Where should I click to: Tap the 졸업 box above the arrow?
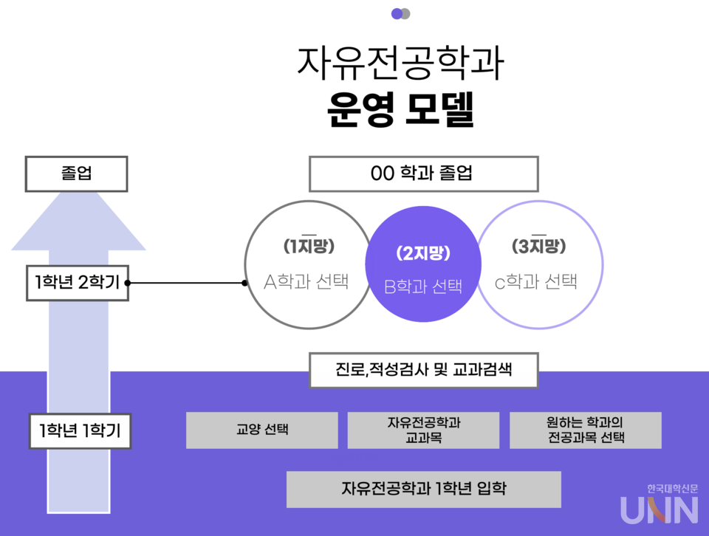click(x=76, y=174)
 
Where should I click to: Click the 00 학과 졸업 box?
click(x=423, y=174)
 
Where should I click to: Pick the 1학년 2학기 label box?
click(x=78, y=282)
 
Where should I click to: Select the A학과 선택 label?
click(x=306, y=282)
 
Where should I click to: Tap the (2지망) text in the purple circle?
click(x=423, y=253)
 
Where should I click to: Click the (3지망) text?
click(x=538, y=247)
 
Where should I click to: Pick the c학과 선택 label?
click(x=536, y=282)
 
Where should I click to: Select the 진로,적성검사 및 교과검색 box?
click(x=423, y=370)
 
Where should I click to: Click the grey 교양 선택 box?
click(x=261, y=430)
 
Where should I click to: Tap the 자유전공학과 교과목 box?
click(x=423, y=430)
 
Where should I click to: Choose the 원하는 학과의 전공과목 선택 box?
click(x=585, y=430)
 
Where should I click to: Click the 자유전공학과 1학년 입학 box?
click(x=423, y=489)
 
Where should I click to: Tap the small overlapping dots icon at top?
click(x=400, y=13)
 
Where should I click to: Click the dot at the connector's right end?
click(x=244, y=282)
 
